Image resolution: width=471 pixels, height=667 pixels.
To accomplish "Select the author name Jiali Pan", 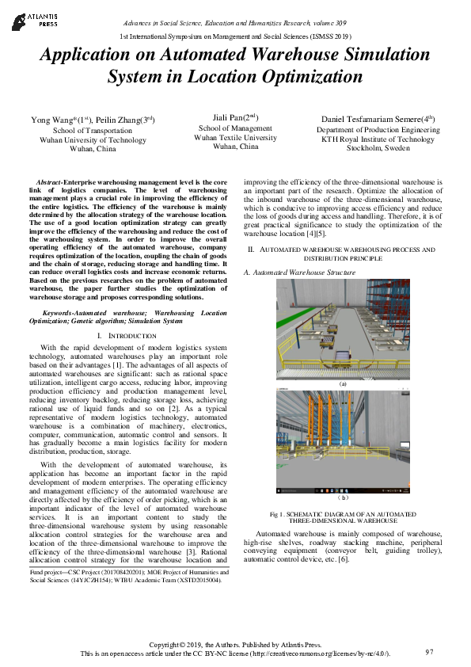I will (x=222, y=116).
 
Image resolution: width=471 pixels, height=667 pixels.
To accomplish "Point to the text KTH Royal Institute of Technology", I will (x=378, y=139).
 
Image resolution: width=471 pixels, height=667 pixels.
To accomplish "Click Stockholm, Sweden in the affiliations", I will (x=377, y=148).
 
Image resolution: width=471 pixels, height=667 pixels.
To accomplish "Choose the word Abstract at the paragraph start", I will (x=55, y=183).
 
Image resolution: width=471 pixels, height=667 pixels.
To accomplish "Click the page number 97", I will (x=430, y=652).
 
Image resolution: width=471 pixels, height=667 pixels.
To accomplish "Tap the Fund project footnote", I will (x=127, y=574).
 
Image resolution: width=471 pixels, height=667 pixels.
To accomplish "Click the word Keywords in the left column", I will (x=63, y=314).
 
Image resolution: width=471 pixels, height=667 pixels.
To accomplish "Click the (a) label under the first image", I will (x=343, y=383).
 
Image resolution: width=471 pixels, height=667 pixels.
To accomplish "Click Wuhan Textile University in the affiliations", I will (x=235, y=137).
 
